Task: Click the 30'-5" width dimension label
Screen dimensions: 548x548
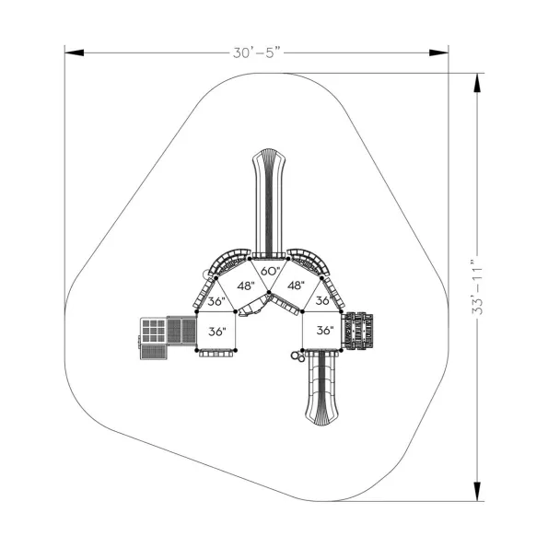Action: [257, 52]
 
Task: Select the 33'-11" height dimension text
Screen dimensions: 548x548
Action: [477, 287]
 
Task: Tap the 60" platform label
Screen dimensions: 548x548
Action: [271, 271]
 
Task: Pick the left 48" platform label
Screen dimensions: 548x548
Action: [246, 286]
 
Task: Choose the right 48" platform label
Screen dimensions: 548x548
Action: [296, 286]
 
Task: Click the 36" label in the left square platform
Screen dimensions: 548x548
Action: [217, 332]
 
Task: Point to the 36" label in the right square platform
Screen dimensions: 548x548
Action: [325, 331]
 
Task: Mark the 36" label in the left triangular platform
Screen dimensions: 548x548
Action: [216, 301]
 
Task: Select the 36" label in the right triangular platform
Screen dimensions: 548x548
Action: [323, 300]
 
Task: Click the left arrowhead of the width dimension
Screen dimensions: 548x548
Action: [74, 52]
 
